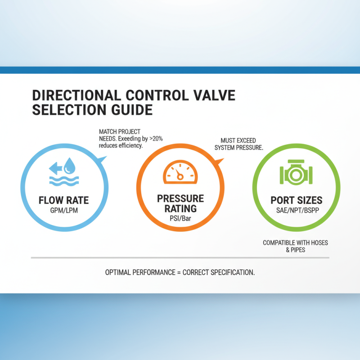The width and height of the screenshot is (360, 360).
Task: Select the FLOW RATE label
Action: [x=64, y=199]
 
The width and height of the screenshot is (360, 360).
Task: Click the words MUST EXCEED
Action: [x=238, y=140]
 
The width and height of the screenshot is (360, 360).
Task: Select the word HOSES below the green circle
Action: [x=319, y=243]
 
